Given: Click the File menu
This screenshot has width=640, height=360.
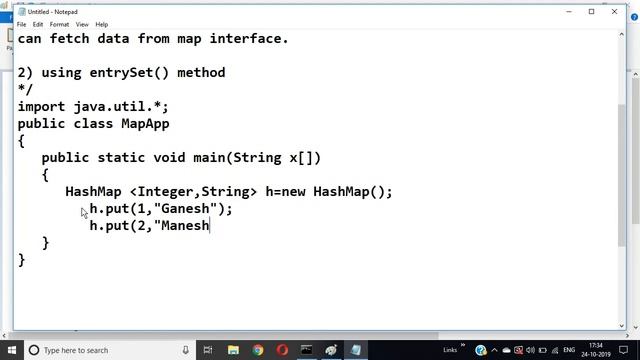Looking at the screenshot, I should coord(21,24).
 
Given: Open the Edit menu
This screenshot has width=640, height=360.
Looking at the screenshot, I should coord(38,24).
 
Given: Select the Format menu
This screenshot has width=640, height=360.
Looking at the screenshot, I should coord(59,24).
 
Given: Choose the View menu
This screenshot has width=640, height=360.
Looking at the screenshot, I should coord(82,24).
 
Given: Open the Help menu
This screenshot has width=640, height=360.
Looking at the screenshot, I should coord(102,24).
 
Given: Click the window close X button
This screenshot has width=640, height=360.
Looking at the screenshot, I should coord(621,11).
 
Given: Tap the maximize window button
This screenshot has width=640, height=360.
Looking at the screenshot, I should coord(592,11).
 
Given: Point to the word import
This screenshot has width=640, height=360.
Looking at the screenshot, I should coord(41,106).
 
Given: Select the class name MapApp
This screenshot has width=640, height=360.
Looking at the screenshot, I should coord(146,123).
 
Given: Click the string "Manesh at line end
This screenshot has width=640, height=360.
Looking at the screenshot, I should coord(182,225).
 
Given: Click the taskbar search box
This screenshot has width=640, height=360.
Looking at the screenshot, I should coord(100,350).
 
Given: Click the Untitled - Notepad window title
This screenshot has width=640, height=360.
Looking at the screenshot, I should coord(56,11).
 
